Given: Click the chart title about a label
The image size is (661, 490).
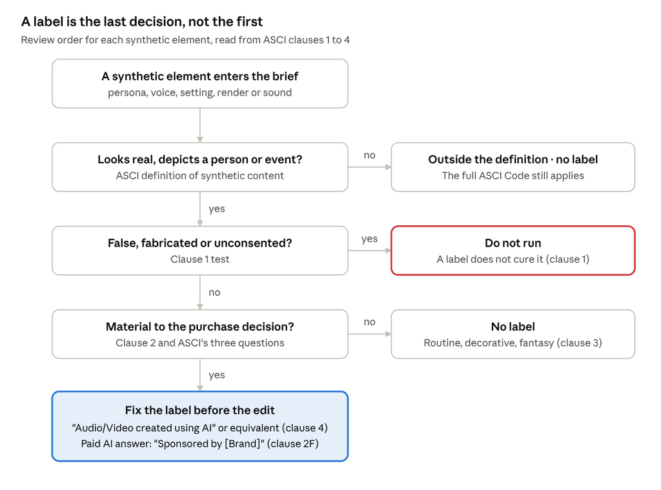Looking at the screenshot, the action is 141,21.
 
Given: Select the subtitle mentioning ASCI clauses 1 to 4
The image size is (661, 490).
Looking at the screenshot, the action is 185,40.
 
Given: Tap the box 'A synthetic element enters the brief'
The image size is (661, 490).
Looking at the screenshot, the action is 200,83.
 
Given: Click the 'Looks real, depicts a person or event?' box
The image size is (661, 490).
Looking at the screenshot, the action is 200,167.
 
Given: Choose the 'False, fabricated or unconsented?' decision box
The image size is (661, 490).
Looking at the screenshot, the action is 200,250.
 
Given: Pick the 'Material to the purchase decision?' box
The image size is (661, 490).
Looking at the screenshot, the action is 200,334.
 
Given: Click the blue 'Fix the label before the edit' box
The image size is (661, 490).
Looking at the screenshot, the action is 200,426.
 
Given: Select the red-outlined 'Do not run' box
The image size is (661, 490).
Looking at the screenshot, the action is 513,250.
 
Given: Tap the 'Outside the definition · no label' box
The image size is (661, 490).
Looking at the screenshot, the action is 513,167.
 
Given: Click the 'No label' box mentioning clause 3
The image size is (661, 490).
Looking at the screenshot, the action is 513,334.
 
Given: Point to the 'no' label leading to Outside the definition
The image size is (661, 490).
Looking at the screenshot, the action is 370,156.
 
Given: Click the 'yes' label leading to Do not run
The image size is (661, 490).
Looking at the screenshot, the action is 370,239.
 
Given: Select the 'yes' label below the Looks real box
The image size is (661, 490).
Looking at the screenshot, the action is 217,209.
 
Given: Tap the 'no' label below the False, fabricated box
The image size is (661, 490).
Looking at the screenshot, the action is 214,292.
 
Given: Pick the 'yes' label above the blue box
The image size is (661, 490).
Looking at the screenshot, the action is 217,375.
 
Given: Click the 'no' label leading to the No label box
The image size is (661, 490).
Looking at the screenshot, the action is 370,322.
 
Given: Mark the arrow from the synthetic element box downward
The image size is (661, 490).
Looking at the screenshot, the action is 200,125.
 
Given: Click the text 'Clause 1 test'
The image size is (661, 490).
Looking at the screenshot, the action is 200,260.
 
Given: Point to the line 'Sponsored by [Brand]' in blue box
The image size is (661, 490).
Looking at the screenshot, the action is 200,444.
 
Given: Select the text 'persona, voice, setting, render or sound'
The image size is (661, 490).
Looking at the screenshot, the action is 200,93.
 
